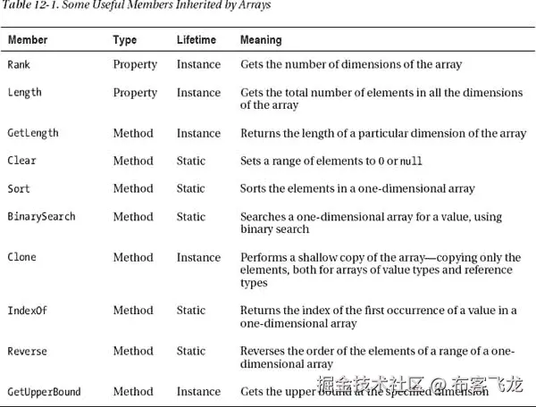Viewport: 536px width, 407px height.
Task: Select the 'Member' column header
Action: tap(28, 40)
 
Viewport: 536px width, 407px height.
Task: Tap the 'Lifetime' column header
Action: tap(197, 40)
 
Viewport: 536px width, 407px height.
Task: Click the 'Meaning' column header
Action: tap(261, 40)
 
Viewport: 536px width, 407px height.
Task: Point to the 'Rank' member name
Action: tap(19, 64)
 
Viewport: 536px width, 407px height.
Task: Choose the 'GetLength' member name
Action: tap(33, 133)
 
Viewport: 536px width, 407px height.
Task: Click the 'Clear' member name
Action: tap(22, 161)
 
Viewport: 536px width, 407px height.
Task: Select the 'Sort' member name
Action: tap(19, 188)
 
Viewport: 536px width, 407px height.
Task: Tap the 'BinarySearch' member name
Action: tap(41, 216)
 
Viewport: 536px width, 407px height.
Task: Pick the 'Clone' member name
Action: tap(22, 257)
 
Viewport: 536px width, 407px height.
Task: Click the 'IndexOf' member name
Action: tap(27, 310)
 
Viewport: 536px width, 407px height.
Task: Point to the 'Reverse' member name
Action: tap(27, 351)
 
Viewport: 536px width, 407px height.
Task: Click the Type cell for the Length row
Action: tap(135, 93)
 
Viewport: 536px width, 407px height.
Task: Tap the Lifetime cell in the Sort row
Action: tap(190, 188)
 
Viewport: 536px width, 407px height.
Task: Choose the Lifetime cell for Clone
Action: tap(198, 257)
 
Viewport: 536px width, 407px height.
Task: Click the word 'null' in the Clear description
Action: tap(411, 162)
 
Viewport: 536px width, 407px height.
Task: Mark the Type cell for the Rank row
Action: tap(135, 64)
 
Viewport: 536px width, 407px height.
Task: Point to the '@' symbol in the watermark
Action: tap(438, 386)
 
